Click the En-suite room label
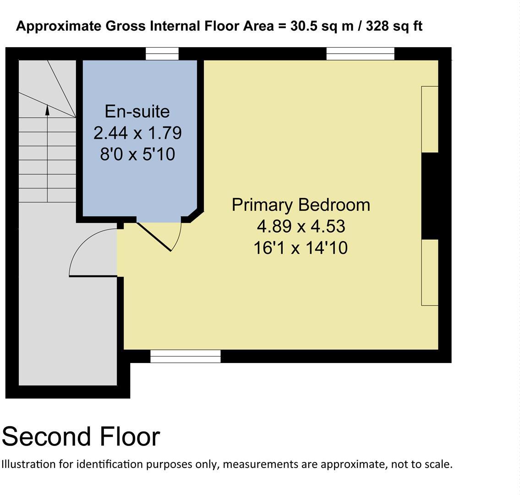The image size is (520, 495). (x=137, y=111)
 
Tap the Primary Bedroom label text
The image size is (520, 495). (x=301, y=204)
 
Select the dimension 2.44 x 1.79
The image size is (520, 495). (x=137, y=133)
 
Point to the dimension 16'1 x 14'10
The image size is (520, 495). (x=301, y=248)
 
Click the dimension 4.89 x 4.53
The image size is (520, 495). (x=301, y=226)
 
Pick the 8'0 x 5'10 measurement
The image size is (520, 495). (x=137, y=154)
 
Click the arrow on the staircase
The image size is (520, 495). (x=47, y=110)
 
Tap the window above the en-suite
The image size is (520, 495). (x=162, y=54)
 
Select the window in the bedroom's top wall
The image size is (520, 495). (x=360, y=54)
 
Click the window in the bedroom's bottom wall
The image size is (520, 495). (x=186, y=356)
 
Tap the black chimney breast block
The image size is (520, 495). (x=430, y=196)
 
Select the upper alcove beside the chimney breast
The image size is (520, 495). (x=430, y=119)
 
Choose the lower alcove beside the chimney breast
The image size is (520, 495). (x=430, y=272)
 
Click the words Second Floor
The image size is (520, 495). (x=81, y=436)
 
